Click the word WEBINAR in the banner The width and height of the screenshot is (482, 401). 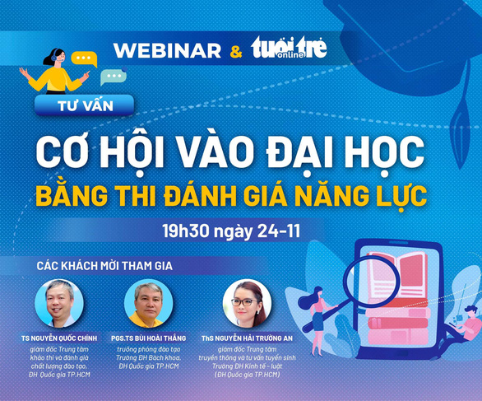pos(167,50)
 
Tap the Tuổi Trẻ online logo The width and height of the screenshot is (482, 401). pos(289,48)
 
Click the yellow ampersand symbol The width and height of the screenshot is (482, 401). pos(236,51)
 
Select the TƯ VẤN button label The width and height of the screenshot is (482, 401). pos(86,106)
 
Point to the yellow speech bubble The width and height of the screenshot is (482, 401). pos(84,58)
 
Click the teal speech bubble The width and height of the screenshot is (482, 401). pos(114,77)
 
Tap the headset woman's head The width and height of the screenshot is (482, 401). pos(54,57)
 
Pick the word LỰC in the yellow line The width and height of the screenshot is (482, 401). pos(402,196)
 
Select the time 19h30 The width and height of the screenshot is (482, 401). pos(186,231)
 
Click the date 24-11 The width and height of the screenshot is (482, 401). pos(279,231)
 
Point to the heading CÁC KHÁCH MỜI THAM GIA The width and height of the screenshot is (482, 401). pos(104,266)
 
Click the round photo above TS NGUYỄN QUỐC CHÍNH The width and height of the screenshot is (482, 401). pos(59,303)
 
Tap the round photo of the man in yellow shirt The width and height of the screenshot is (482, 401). pos(149,303)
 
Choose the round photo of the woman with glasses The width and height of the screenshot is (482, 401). pos(247,303)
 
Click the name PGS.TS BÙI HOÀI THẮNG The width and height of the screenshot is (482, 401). pos(149,338)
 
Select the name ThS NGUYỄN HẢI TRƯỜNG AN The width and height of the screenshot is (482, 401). pos(247,338)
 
